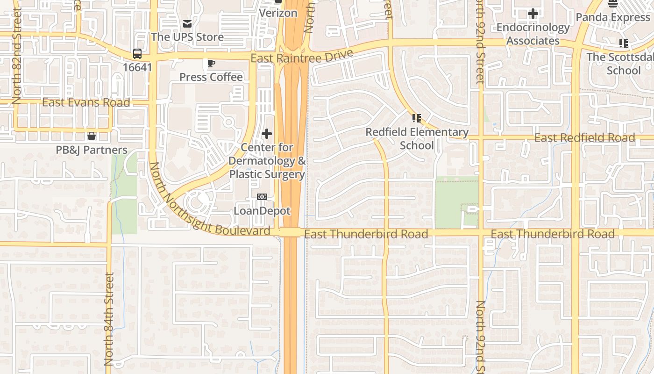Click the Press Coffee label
tap(211, 77)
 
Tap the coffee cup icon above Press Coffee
tap(211, 63)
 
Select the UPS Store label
tap(187, 36)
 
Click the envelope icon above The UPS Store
tap(187, 23)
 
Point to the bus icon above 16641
tap(137, 54)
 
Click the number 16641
tap(137, 67)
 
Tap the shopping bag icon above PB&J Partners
tap(92, 136)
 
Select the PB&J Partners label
tap(92, 150)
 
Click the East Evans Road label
tap(86, 102)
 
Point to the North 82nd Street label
tap(17, 56)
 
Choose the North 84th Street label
tap(109, 319)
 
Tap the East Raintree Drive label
tap(302, 58)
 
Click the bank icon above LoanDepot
tap(262, 197)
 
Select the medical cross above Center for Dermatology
tap(267, 134)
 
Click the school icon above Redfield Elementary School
tap(417, 118)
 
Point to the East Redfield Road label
tap(584, 138)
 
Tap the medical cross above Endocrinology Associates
tap(533, 14)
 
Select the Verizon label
tap(278, 13)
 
